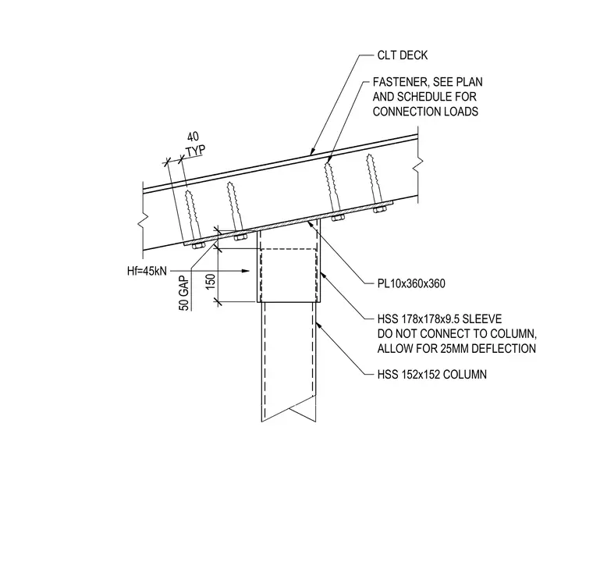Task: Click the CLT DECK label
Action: click(x=403, y=55)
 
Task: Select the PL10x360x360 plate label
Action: click(x=411, y=283)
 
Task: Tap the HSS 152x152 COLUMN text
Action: click(x=432, y=375)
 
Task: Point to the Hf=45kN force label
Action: click(x=147, y=271)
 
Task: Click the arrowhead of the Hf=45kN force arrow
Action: click(x=246, y=271)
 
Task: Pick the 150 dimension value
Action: click(x=211, y=282)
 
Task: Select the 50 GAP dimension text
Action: click(x=184, y=293)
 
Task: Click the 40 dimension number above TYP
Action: click(x=193, y=137)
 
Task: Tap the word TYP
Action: click(x=196, y=151)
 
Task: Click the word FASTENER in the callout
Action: click(x=400, y=82)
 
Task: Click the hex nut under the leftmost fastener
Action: click(x=198, y=247)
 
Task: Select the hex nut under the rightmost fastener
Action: click(x=380, y=209)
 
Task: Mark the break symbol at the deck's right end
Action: click(x=418, y=163)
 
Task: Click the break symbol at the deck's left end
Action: click(x=143, y=220)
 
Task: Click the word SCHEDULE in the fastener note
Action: click(x=424, y=97)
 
